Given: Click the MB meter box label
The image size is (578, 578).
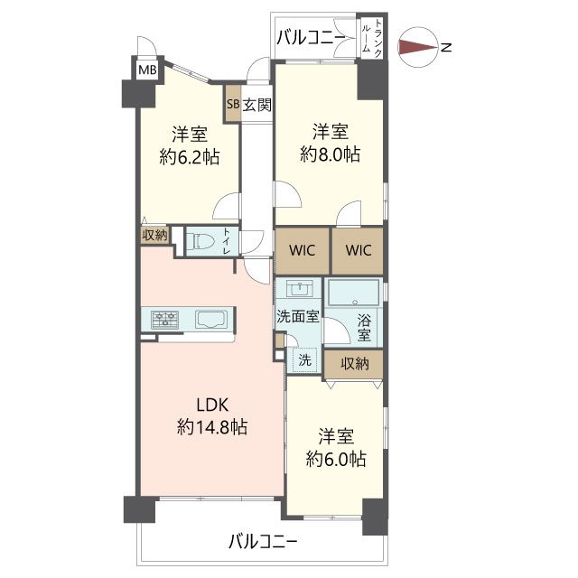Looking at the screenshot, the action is coord(147,70).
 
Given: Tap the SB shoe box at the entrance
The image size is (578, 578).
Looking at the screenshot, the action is coord(233,104).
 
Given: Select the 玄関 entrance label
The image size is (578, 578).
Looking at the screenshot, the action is coord(256,105).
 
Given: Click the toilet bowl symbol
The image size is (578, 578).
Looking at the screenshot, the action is coord(200,242).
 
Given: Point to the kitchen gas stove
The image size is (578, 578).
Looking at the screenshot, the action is coord(164,319).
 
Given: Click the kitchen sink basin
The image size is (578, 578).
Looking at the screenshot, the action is coord(211,319).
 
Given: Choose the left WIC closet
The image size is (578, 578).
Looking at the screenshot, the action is coord(303,251).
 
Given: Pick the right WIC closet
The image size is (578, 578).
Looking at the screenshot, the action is coord(358,251).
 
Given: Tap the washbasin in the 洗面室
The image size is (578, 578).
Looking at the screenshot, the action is coord(299,288).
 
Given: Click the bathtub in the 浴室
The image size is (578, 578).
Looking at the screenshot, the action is coord(353,293).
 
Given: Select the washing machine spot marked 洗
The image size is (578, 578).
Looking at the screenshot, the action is coord(304,359).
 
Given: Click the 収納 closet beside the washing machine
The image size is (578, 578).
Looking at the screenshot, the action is coord(354,364).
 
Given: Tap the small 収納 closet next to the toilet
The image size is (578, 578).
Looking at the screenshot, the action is coord(154,235).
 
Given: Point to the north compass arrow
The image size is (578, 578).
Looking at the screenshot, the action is coord(419,47).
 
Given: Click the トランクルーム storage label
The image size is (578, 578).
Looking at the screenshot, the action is coord(372,38).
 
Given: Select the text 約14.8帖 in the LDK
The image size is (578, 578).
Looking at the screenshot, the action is coord(212,427).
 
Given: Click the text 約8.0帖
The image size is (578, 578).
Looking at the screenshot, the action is coord(331,154).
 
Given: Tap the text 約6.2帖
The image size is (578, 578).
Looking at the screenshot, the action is coord(190,157).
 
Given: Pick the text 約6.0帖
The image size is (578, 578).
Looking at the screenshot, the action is coord(336,460).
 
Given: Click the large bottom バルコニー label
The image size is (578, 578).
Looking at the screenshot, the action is coord(263,542).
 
